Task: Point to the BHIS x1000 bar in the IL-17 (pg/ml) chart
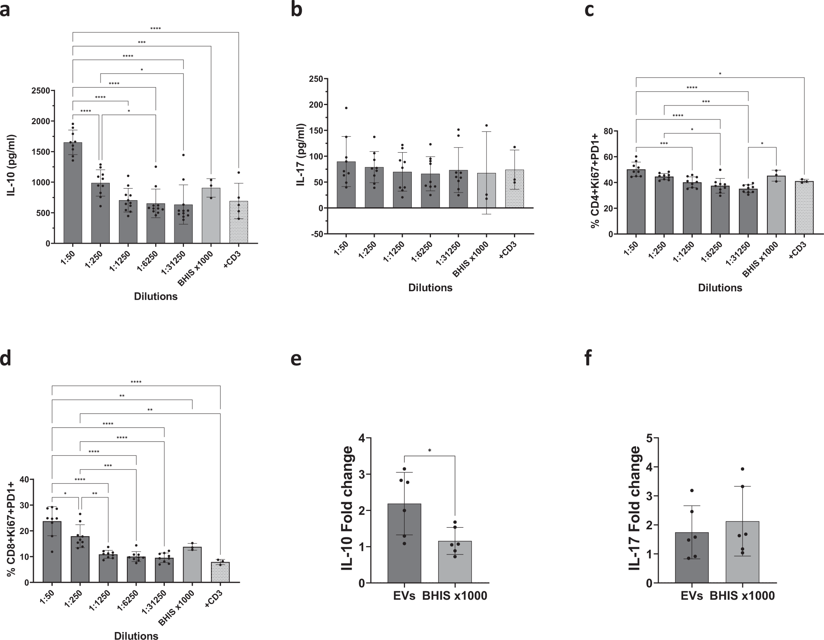point(486,192)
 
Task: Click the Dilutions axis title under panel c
point(720,288)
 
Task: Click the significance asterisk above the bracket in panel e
point(429,451)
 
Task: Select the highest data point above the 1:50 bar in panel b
point(346,108)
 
